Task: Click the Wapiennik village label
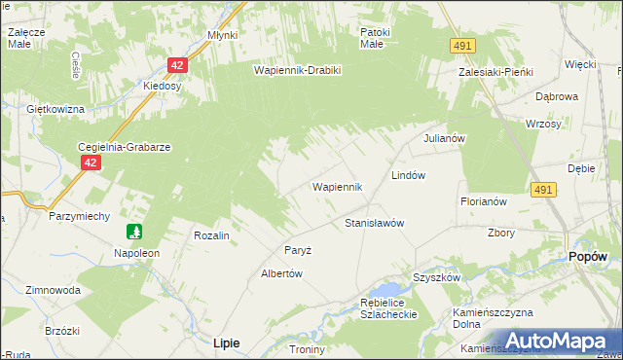[337, 186]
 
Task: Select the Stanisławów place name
[375, 223]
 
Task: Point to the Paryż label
[298, 250]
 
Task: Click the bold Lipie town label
[226, 342]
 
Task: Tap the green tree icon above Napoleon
[134, 233]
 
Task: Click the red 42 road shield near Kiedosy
[176, 65]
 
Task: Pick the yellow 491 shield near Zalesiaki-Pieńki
[462, 46]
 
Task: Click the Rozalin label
[211, 235]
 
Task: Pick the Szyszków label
[435, 277]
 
